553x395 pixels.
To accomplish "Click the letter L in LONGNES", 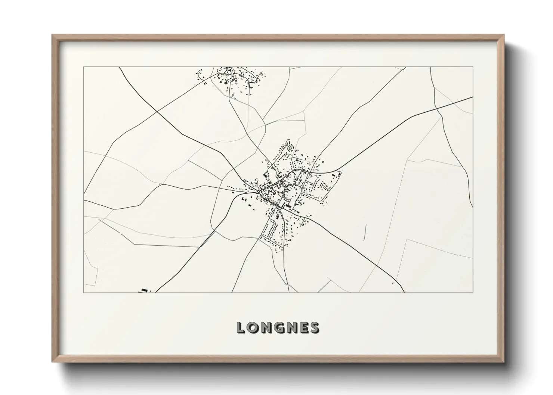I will click(241, 327).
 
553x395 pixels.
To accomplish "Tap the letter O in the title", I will click(254, 327).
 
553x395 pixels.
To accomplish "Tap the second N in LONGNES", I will click(293, 327).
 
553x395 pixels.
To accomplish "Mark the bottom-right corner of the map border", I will click(473, 292).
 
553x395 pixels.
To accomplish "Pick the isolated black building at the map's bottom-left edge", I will click(143, 290).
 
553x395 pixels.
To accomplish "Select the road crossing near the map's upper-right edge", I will click(436, 109).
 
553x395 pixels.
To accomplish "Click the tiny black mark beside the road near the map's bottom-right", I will click(393, 283).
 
